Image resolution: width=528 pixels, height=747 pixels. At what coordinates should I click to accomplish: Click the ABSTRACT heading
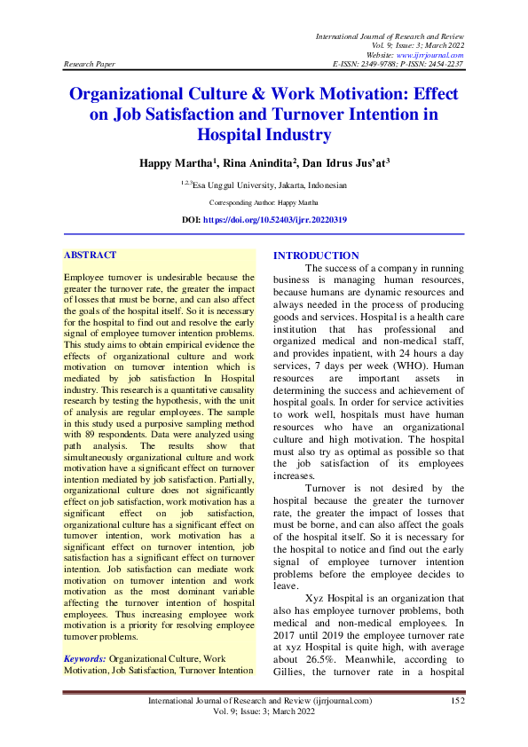click(x=90, y=256)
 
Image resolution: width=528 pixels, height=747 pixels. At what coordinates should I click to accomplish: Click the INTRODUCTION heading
click(x=317, y=256)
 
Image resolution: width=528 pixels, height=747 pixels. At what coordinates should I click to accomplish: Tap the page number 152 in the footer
click(x=458, y=701)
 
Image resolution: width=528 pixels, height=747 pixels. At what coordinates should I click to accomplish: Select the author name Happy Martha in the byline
click(x=174, y=164)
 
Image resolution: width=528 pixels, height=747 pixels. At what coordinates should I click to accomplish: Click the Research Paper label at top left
click(x=89, y=65)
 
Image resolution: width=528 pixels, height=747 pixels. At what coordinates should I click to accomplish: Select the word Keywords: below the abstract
click(x=85, y=659)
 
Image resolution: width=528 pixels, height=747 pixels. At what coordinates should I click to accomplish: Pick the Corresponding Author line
click(x=264, y=202)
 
